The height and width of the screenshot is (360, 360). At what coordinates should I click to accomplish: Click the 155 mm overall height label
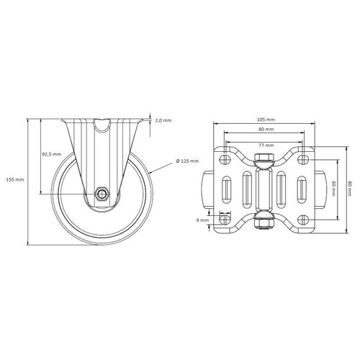pyautogui.click(x=14, y=179)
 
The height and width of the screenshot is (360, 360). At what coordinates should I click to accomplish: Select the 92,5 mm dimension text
pyautogui.click(x=51, y=154)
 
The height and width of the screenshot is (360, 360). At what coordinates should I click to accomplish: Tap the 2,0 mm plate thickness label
pyautogui.click(x=163, y=121)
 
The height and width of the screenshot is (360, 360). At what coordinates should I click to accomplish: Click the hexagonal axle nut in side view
pyautogui.click(x=103, y=194)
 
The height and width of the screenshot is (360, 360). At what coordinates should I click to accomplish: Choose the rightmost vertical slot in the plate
pyautogui.click(x=300, y=191)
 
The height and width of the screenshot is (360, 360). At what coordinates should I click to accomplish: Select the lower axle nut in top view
pyautogui.click(x=264, y=222)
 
